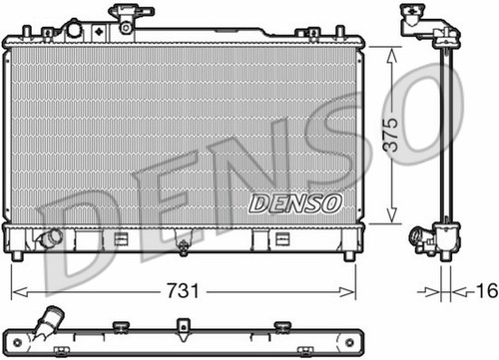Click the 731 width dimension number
pyautogui.click(x=183, y=291)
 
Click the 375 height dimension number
pyautogui.click(x=390, y=135)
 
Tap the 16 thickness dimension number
pyautogui.click(x=487, y=290)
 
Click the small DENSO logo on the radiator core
pyautogui.click(x=295, y=203)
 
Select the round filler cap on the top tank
pyautogui.click(x=75, y=30)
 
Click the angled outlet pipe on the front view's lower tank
pyautogui.click(x=49, y=238)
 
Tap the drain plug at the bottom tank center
pyautogui.click(x=183, y=248)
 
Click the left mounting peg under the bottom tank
pyautogui.click(x=17, y=256)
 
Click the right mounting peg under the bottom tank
pyautogui.click(x=349, y=256)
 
